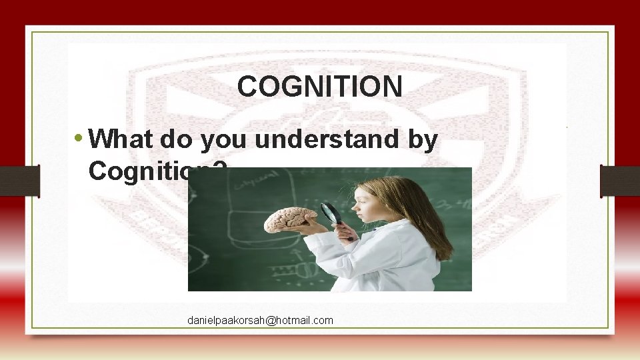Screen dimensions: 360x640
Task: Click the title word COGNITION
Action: [319, 86]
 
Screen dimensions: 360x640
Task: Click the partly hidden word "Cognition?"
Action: [137, 171]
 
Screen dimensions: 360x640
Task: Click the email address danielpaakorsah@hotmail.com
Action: [260, 321]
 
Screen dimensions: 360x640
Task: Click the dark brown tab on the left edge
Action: [19, 181]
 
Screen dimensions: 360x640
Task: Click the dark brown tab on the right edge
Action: [620, 181]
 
